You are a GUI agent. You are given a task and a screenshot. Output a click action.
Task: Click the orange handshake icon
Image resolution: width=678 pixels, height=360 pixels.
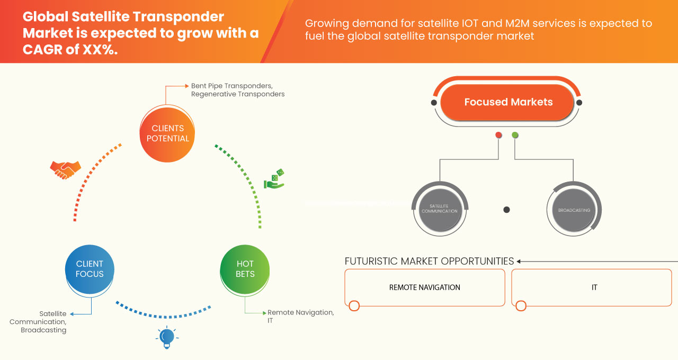[x=65, y=170]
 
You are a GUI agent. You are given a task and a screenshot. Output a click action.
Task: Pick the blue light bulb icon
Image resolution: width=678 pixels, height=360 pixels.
[x=167, y=337]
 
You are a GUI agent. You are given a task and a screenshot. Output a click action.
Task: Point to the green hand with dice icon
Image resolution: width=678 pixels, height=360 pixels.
[x=274, y=179]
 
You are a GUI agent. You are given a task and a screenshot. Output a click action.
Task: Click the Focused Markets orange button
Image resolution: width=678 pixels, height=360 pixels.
[x=508, y=102]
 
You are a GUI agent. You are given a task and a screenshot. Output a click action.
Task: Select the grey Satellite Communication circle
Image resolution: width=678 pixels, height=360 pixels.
[x=439, y=209]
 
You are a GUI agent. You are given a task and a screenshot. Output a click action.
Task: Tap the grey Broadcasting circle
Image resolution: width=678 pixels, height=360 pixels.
[x=574, y=210]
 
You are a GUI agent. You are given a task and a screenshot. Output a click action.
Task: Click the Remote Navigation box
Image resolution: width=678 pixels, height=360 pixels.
[x=424, y=287]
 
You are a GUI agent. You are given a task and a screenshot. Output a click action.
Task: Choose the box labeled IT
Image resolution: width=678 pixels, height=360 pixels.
[x=594, y=287]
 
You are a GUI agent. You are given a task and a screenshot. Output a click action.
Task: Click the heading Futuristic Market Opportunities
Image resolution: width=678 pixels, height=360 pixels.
[x=429, y=261]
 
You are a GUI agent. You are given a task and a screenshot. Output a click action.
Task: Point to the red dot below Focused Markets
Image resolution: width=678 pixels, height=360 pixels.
[x=498, y=135]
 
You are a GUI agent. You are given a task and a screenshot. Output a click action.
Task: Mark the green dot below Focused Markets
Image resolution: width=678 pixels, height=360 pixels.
[x=515, y=135]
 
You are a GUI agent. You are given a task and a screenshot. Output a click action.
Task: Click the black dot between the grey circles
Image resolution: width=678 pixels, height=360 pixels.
[x=506, y=210]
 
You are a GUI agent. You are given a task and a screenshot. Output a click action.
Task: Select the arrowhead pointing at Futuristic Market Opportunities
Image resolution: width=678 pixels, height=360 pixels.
[x=519, y=261]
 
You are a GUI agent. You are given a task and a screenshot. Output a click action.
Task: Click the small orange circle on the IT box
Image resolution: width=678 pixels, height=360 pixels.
[x=521, y=305]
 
